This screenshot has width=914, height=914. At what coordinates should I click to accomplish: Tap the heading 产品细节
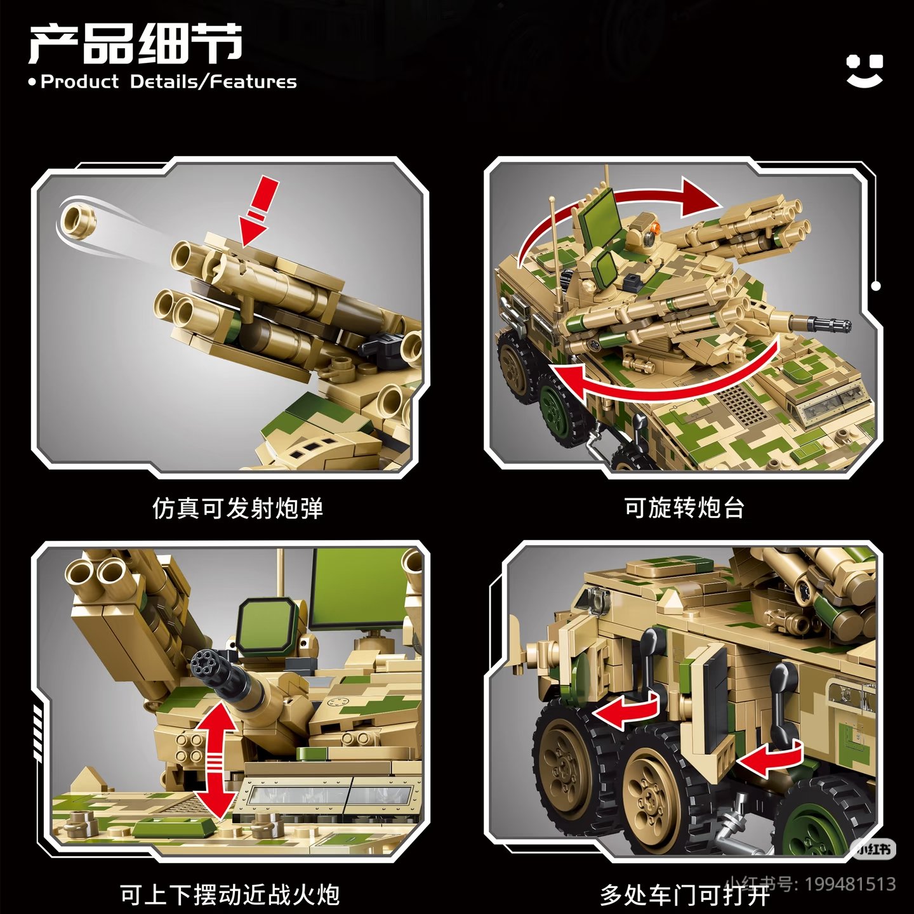coord(136,44)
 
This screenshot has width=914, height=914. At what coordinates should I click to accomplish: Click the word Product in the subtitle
coord(80,82)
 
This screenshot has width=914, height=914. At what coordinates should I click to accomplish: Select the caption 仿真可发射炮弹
coord(237,508)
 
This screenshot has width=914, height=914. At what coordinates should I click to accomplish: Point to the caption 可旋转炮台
coord(684,508)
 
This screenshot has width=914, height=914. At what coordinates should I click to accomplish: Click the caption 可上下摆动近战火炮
coord(230,895)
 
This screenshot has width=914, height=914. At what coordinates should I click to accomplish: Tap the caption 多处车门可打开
coord(684,895)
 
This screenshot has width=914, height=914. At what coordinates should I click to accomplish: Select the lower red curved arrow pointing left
coord(664,380)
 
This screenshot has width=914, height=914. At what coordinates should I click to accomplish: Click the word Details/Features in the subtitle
coord(213,82)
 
